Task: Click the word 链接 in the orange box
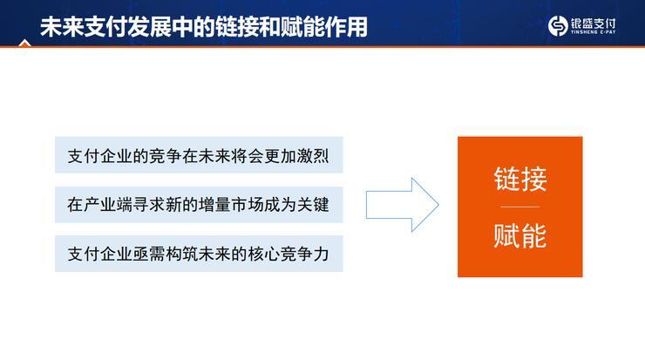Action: click(519, 180)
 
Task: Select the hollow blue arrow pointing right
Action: click(402, 206)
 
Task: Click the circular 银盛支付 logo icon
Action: click(558, 26)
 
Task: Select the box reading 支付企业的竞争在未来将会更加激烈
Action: click(199, 158)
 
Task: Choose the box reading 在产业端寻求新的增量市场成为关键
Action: click(199, 207)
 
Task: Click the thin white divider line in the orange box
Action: click(519, 207)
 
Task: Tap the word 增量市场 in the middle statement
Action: click(226, 207)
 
